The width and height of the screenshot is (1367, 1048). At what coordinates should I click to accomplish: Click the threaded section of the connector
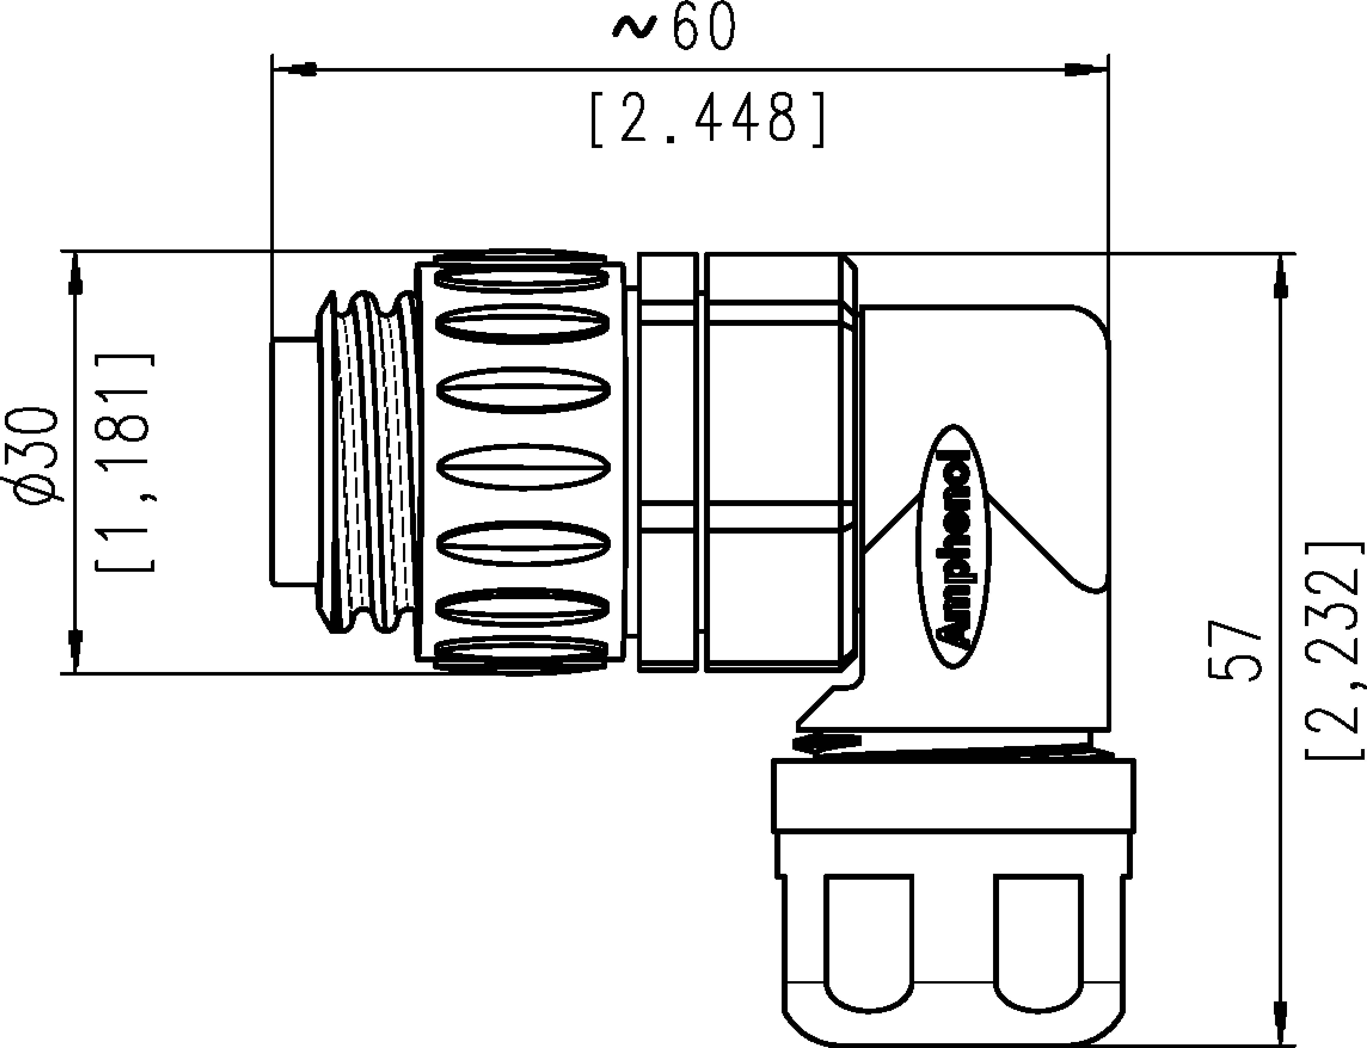pos(368,462)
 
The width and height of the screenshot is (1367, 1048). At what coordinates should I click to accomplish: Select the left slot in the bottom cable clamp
pos(869,939)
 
